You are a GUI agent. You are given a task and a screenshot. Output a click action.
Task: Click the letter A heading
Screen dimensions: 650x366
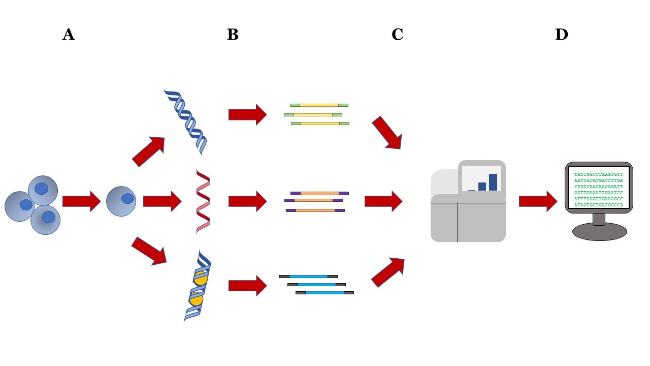[69, 35]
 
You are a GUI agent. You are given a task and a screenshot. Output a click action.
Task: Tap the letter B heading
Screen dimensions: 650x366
[233, 35]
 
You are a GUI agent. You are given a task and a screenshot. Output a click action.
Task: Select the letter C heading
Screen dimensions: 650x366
[397, 35]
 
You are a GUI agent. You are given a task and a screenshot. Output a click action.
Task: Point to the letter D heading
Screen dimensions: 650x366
[562, 35]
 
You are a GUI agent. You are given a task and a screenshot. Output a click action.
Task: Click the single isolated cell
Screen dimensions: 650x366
[121, 201]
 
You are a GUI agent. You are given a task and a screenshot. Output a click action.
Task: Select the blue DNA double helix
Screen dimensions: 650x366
[186, 122]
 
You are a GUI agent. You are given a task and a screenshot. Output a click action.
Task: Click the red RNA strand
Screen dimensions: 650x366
[203, 201]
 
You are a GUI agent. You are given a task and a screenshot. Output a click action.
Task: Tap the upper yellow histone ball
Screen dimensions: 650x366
[201, 278]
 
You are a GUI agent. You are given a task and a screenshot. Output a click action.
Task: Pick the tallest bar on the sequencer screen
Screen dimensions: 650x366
[493, 182]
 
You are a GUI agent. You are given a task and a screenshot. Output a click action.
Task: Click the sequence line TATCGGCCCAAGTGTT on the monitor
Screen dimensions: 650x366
[598, 174]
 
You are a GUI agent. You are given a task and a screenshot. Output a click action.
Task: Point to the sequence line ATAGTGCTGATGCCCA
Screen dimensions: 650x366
[598, 205]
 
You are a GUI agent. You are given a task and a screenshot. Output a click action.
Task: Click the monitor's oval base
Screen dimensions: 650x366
[600, 231]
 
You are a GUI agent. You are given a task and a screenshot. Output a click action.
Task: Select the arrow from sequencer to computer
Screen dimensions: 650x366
[538, 201]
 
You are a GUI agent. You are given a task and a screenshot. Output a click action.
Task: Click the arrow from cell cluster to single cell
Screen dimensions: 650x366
[82, 201]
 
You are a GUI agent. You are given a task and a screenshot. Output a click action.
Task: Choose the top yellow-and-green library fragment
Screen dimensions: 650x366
[319, 105]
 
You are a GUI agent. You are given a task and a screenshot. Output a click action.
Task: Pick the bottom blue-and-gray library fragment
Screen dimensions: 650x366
[324, 293]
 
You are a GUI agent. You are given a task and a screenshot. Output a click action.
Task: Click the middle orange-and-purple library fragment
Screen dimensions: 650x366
[313, 200]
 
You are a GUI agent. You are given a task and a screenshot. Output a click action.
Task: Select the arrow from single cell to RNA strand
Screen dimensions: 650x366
[162, 201]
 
